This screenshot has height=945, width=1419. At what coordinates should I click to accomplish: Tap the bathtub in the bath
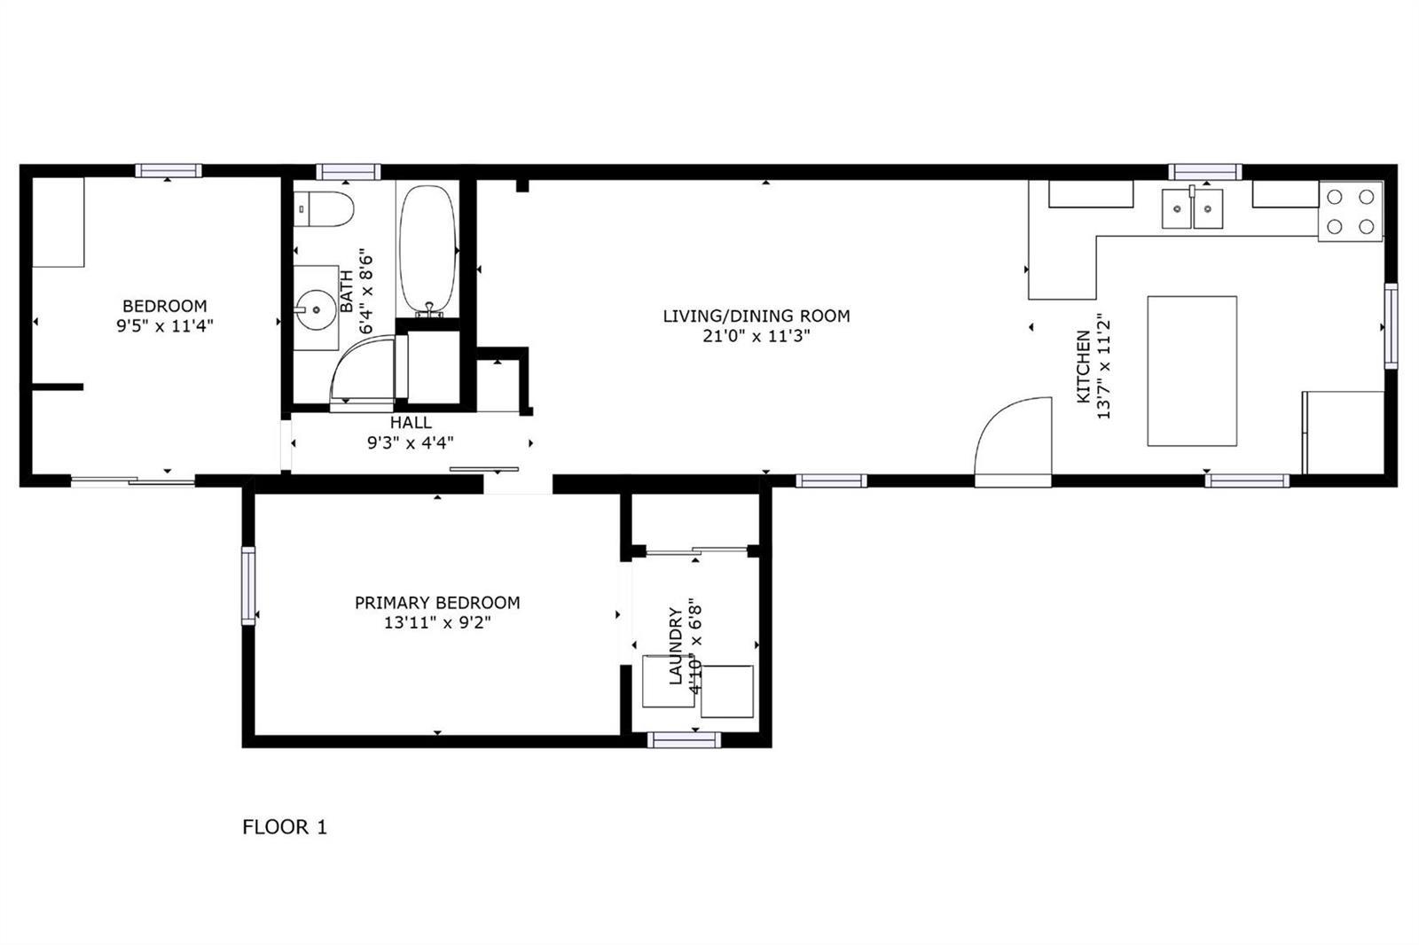428,250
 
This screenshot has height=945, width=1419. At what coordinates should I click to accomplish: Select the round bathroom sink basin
316,310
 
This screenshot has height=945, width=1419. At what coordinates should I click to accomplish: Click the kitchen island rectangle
1192,371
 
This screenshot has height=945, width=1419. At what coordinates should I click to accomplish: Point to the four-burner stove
1351,212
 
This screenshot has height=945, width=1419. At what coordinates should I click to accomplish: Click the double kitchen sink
1192,207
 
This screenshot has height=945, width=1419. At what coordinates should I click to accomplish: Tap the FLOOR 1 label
285,827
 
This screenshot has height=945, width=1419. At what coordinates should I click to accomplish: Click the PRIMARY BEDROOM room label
437,602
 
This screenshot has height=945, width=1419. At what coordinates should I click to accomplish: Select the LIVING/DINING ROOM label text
757,316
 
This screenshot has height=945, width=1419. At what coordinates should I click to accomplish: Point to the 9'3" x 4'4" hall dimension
411,442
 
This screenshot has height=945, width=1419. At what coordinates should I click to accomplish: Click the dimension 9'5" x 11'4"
165,326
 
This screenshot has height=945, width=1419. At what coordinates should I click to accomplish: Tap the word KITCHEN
1084,367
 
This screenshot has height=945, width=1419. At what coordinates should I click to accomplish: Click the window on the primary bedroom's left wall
248,586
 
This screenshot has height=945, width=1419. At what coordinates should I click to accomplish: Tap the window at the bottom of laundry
684,740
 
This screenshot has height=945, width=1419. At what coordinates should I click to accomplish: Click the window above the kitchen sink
1205,172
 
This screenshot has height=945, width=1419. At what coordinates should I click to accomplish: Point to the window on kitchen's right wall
1392,325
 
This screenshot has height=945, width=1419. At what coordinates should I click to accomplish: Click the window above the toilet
349,172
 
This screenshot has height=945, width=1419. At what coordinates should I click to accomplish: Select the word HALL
411,423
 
